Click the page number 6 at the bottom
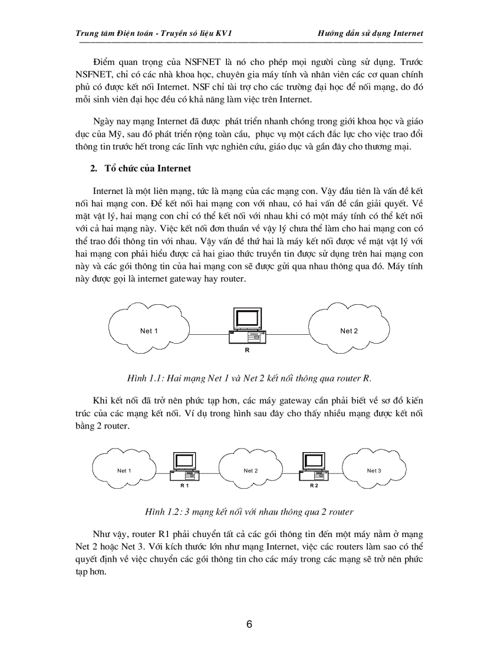(249, 625)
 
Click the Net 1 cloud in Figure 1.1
(149, 331)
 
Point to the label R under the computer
(247, 350)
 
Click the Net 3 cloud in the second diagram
(374, 470)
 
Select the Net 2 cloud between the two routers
(251, 470)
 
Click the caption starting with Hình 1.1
(249, 377)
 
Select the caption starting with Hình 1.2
(249, 511)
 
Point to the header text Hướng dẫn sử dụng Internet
(371, 33)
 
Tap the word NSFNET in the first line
(205, 62)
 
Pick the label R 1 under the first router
(184, 485)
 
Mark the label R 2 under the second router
(314, 485)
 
